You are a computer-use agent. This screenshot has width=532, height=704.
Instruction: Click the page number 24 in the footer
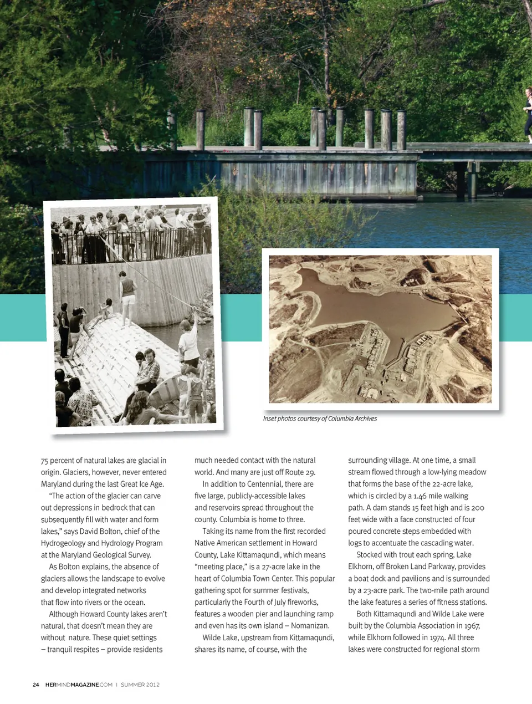pos(36,685)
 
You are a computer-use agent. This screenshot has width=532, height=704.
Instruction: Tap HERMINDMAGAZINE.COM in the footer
pos(79,685)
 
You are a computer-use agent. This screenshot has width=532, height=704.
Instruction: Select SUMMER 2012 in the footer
pos(140,685)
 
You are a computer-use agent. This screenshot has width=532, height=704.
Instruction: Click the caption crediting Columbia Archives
pos(320,419)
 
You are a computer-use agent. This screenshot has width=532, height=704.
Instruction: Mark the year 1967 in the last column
pos(472,625)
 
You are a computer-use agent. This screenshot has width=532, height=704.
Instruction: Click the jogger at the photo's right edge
pos(528,114)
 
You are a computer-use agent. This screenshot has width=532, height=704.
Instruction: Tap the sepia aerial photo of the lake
pos(380,329)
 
